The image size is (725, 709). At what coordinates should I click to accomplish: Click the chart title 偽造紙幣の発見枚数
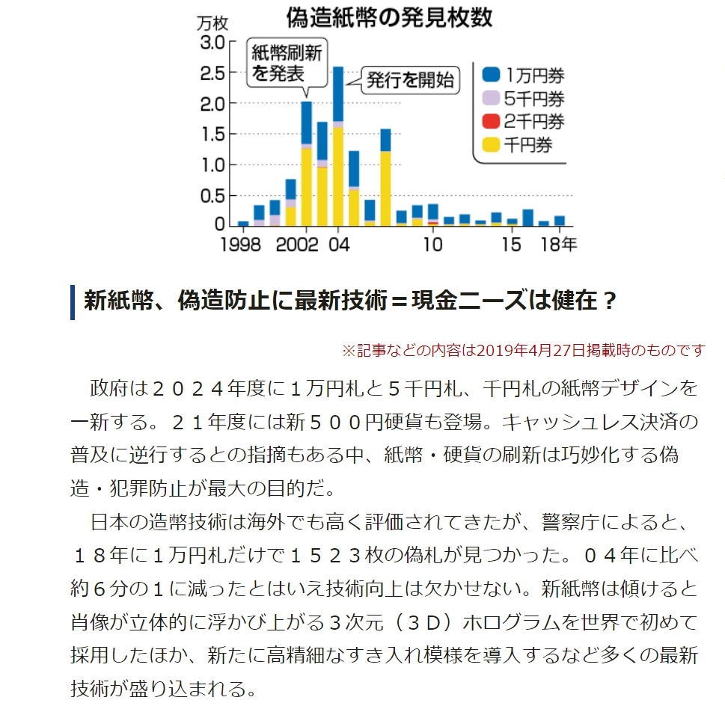(389, 17)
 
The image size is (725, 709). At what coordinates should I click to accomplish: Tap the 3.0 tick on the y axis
(212, 42)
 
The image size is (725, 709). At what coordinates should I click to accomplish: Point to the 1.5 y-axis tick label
(212, 134)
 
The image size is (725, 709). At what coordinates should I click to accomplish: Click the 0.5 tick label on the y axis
(212, 195)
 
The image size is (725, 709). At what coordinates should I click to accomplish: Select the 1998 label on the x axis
(240, 245)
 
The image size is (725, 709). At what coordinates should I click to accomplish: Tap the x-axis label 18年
(560, 245)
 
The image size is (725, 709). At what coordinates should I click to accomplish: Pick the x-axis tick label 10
(432, 245)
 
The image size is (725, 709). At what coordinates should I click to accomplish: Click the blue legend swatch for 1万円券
(490, 75)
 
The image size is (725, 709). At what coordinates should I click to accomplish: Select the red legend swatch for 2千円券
(490, 121)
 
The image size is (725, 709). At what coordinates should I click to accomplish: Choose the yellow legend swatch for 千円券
(490, 145)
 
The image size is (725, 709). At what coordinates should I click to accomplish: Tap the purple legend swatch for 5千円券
(490, 98)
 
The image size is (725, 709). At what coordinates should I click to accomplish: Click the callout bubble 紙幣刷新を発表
(287, 62)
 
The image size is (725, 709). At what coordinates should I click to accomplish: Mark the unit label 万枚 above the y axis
(211, 22)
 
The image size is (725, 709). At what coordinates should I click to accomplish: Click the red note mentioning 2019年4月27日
(523, 350)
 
